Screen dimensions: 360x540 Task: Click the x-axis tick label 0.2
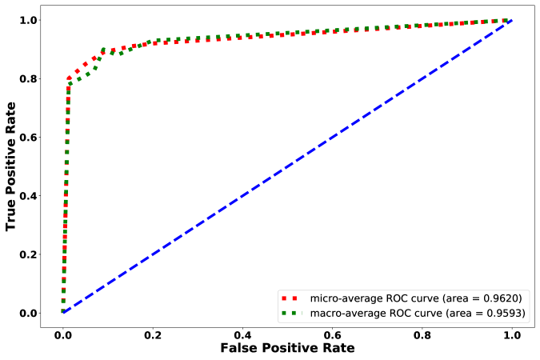click(152, 331)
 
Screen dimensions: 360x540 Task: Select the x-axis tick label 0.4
click(242, 331)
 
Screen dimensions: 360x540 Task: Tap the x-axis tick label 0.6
click(331, 331)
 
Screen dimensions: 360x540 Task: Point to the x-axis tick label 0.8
click(421, 331)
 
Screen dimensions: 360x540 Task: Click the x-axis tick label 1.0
click(510, 331)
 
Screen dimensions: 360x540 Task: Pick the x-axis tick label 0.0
click(62, 331)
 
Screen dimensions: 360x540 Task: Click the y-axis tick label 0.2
click(30, 254)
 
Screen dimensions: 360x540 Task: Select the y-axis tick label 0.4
click(30, 196)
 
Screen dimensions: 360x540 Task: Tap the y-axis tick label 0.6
click(30, 138)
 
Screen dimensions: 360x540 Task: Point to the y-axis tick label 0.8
click(30, 79)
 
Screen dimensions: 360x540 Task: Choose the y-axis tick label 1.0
click(30, 21)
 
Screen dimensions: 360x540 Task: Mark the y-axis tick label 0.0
click(30, 313)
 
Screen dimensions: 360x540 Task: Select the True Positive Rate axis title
click(12, 166)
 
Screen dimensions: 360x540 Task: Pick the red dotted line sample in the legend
click(293, 298)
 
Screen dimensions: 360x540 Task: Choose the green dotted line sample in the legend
click(293, 313)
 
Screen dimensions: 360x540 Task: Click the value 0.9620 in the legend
click(502, 298)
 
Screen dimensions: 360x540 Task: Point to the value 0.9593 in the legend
click(504, 313)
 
